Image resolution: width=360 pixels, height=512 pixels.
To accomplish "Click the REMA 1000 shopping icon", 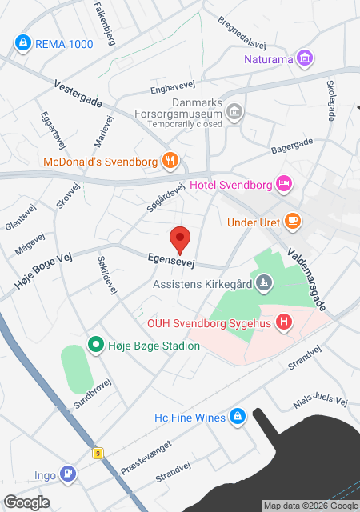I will point(23,42).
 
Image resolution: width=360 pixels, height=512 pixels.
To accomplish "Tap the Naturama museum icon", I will point(304,58).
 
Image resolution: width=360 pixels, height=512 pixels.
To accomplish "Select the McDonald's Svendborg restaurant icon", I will point(170,160).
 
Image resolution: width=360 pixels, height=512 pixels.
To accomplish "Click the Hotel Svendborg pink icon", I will point(283,184).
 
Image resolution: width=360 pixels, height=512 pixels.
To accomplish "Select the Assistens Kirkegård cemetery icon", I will point(264,282).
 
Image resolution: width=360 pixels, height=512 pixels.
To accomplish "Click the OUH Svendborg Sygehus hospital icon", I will point(282,322).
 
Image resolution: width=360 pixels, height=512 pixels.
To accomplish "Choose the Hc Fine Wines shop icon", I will point(237,417).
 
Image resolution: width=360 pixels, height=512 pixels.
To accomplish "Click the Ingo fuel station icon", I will point(69,474).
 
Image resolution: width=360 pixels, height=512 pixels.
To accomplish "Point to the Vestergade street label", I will point(78,94).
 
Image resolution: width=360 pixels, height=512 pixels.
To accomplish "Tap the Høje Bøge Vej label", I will point(44,268).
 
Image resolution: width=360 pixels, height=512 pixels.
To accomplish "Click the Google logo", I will point(26,502).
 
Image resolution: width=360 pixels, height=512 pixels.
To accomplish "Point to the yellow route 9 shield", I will point(98,453).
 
